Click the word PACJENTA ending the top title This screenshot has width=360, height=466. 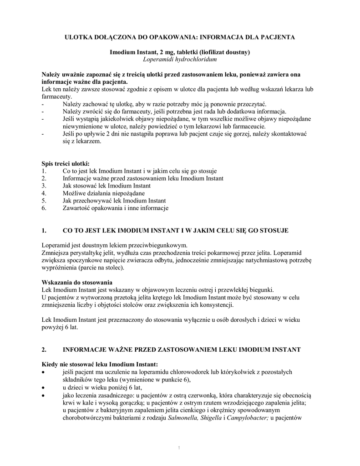278,36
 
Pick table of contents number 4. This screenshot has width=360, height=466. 44,193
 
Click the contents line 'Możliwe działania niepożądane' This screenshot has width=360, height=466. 103,193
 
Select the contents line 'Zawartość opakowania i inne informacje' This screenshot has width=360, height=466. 115,208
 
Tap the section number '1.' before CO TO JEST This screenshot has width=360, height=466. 44,231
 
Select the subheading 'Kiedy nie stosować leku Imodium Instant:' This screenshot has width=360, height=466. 100,364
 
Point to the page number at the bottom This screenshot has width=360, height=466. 180,449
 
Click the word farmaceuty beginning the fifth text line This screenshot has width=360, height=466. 56,96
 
